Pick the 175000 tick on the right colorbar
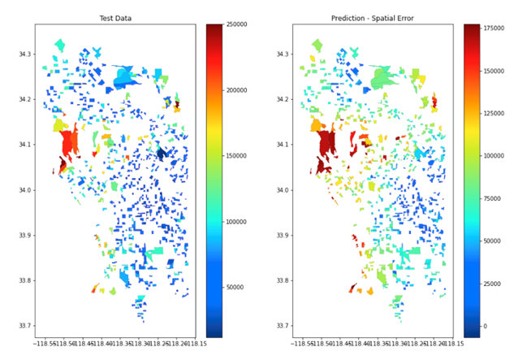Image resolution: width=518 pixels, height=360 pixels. coord(497,29)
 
